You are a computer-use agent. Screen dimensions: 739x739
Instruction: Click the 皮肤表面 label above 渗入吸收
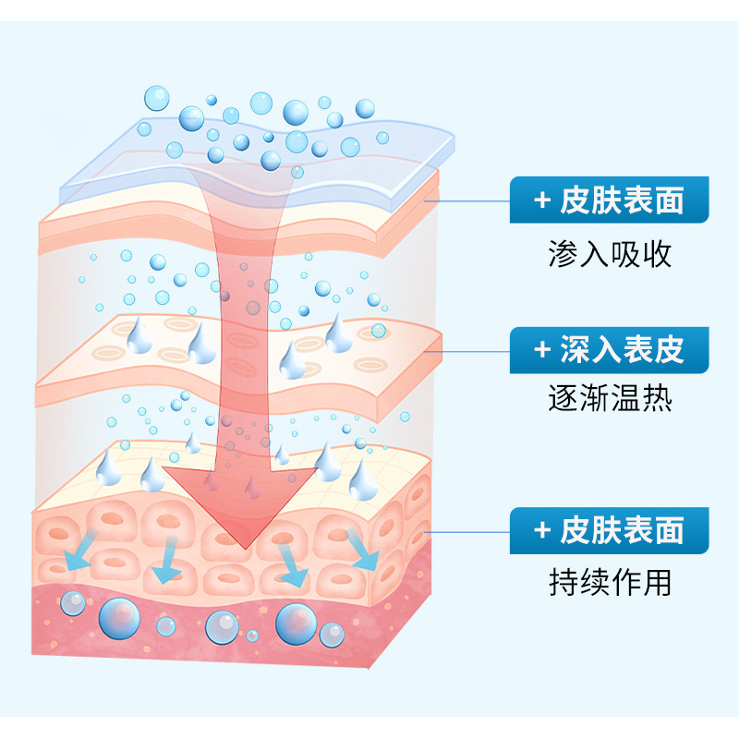coord(610,200)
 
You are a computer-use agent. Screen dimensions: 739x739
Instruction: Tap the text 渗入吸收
coord(610,253)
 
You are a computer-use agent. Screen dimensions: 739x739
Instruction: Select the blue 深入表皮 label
coord(610,350)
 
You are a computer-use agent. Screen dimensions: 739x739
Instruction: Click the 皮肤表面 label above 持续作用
coord(610,530)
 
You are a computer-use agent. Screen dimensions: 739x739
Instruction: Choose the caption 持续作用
coord(610,582)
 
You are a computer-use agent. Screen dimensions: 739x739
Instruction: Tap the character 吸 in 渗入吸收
coord(625,253)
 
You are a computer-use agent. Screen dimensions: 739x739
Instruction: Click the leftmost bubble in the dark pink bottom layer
coord(72,604)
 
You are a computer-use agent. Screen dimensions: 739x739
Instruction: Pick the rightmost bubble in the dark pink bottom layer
coord(332,635)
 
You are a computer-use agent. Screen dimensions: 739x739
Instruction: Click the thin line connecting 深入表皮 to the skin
coord(476,350)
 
